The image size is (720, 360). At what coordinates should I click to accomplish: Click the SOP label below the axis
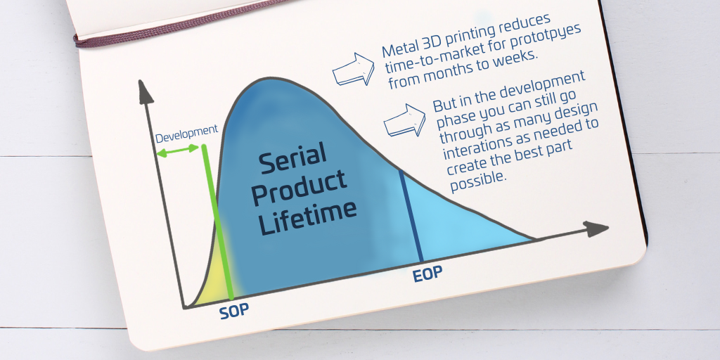(x=233, y=311)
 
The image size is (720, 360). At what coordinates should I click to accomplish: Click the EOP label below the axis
(x=427, y=274)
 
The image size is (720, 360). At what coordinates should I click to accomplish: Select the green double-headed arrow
(x=177, y=150)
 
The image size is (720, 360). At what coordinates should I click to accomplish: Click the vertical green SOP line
(x=217, y=221)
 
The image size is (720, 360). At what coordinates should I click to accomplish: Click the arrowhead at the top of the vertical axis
(x=146, y=91)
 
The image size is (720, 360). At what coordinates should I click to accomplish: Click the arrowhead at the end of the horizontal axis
(x=596, y=229)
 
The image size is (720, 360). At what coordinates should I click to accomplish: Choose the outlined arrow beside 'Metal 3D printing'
(x=353, y=70)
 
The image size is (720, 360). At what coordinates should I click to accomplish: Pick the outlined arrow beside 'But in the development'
(x=404, y=120)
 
